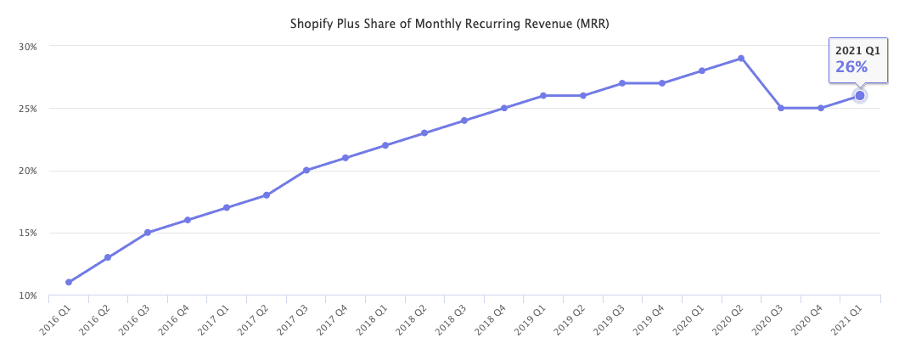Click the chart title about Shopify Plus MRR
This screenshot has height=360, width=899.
click(449, 24)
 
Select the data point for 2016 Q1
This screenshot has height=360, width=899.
click(68, 283)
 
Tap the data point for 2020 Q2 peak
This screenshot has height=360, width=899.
click(741, 59)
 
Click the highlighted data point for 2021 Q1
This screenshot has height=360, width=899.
click(860, 96)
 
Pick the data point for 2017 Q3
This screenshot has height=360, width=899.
click(306, 171)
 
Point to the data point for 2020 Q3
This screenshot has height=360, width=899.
click(781, 108)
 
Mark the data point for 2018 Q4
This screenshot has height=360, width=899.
click(503, 108)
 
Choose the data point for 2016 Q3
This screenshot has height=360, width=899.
click(147, 233)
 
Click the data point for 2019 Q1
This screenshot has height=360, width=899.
click(543, 95)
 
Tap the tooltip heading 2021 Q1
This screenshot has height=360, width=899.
click(857, 50)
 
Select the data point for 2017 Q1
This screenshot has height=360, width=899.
click(227, 207)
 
